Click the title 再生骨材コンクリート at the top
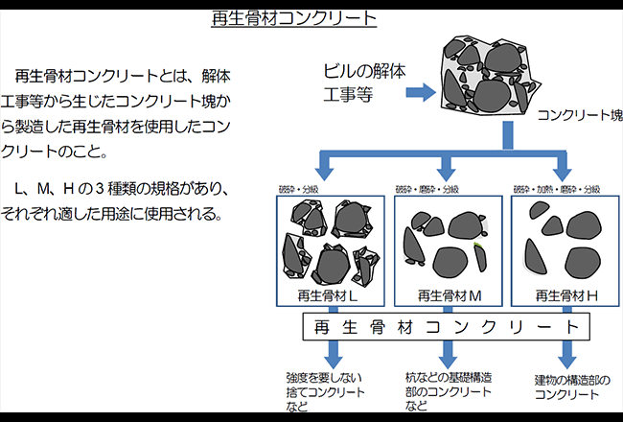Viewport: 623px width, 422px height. [293, 18]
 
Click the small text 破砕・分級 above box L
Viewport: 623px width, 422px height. [297, 189]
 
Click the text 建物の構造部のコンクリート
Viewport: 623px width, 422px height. [571, 387]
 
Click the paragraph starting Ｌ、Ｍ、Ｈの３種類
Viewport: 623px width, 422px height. [119, 199]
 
